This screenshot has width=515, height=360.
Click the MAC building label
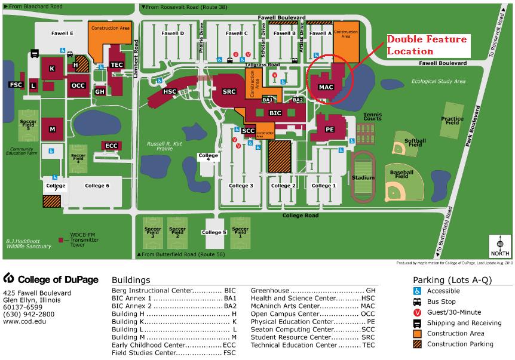326,87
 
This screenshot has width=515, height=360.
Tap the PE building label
329,129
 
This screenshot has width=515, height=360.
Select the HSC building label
170,91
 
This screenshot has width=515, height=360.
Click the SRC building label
229,91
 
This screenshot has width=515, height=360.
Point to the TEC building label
117,65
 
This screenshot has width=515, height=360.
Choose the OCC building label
78,85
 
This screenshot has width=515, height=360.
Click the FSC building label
16,85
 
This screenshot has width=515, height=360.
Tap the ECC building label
111,146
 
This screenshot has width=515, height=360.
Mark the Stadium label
363,177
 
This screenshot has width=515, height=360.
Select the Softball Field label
415,143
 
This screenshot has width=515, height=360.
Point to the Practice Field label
452,121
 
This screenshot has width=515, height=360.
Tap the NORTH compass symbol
501,244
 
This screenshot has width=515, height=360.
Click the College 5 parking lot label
214,232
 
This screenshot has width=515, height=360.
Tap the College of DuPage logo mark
8,278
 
